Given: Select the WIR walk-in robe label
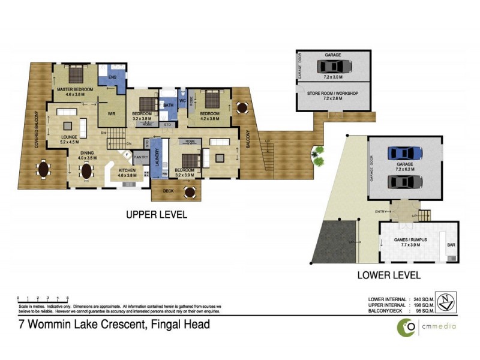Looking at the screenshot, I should tap(112, 112).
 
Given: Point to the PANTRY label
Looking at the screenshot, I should tap(141, 157).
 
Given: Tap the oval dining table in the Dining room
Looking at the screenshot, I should tap(88, 171).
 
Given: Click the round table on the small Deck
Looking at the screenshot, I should tap(190, 192).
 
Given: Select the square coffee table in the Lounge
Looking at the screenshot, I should tap(67, 125).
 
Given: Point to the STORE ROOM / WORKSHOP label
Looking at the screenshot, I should tap(333, 93).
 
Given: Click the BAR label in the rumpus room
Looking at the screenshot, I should tap(451, 245).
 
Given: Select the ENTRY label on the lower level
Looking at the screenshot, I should tap(380, 211).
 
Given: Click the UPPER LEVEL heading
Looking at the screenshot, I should tap(156, 214).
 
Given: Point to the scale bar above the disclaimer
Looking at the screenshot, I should tap(43, 298).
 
